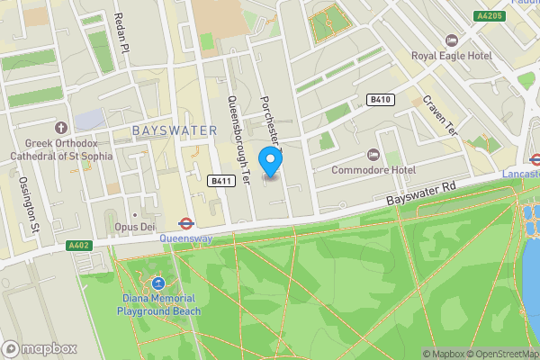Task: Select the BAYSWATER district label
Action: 175,130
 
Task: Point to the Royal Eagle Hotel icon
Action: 452,40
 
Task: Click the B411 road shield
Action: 221,181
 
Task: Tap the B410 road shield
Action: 380,100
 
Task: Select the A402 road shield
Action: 79,245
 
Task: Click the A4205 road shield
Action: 490,16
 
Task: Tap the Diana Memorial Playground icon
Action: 158,283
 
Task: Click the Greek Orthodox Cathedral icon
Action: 62,127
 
